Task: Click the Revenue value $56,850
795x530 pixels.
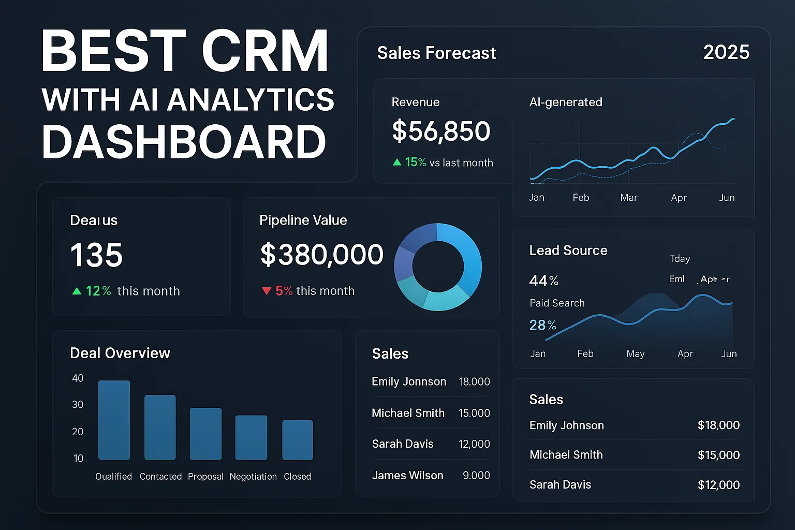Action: tap(441, 131)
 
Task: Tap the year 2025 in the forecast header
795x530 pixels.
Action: tap(726, 52)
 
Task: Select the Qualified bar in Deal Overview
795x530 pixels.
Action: tap(114, 420)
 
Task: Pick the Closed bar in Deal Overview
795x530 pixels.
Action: tap(297, 439)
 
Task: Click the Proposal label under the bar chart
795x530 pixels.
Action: tap(205, 477)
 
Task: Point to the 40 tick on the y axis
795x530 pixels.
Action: tap(78, 378)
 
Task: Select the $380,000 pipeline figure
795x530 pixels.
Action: tap(321, 255)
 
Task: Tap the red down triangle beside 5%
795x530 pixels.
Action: tap(267, 291)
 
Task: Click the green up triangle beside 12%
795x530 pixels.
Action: tap(77, 291)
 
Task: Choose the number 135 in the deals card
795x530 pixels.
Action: tap(96, 255)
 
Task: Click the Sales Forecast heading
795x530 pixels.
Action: tap(436, 53)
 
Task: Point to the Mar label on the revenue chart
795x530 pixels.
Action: tap(629, 198)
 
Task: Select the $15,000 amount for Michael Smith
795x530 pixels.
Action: tap(718, 455)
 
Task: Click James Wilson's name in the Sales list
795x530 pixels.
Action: tap(407, 475)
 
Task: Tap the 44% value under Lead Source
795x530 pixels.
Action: tap(543, 281)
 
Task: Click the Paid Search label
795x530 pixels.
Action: tap(557, 303)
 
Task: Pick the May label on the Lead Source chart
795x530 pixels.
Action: tap(635, 354)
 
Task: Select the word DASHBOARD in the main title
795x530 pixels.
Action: tap(184, 142)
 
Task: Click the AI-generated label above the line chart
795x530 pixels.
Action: tap(566, 102)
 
